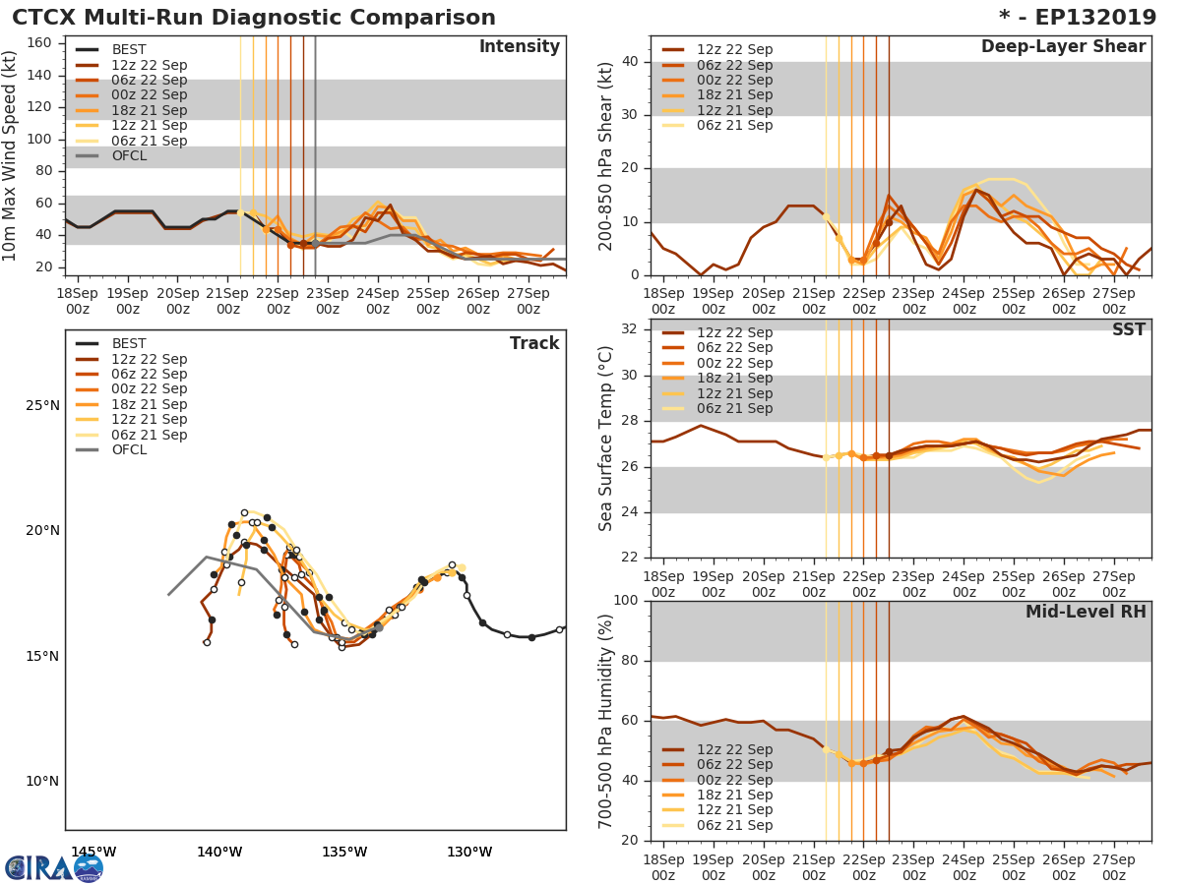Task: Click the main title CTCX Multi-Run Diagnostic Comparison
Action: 254,18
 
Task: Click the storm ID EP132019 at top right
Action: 1073,18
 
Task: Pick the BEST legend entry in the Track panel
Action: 129,343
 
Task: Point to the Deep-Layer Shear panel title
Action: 1063,47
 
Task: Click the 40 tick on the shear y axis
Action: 633,62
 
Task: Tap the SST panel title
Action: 1129,329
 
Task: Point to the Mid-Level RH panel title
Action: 1086,612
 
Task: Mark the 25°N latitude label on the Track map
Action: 42,405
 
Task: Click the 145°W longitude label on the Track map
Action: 93,852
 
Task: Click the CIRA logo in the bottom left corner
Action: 54,867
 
